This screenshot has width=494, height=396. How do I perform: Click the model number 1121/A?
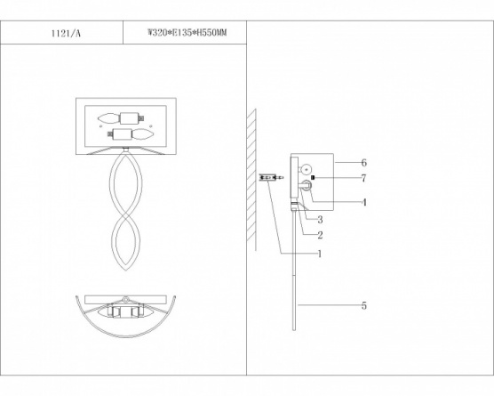(x=66, y=33)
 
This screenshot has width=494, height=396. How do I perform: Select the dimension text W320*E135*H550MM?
(x=187, y=33)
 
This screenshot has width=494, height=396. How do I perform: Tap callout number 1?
(x=320, y=254)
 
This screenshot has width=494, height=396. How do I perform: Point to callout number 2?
(x=320, y=235)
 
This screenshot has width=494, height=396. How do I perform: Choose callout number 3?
(x=320, y=219)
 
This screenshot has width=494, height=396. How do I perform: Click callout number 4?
(x=364, y=202)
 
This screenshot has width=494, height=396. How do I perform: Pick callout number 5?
(x=364, y=305)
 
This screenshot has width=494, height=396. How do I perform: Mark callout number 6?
(x=364, y=163)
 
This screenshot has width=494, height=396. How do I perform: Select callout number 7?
(x=364, y=178)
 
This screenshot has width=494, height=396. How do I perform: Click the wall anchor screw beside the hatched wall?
(x=271, y=178)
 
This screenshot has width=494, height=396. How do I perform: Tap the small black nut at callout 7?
(x=313, y=178)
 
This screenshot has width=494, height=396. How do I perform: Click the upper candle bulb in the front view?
(x=108, y=118)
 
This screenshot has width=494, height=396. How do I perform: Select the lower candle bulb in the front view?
(x=143, y=134)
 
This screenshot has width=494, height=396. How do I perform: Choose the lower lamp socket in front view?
(x=123, y=134)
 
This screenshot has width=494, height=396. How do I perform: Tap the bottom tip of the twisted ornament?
(x=126, y=271)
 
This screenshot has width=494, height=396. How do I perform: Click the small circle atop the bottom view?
(x=126, y=299)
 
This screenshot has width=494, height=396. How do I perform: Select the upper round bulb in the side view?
(x=306, y=169)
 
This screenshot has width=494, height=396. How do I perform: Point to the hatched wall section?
(x=251, y=176)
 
